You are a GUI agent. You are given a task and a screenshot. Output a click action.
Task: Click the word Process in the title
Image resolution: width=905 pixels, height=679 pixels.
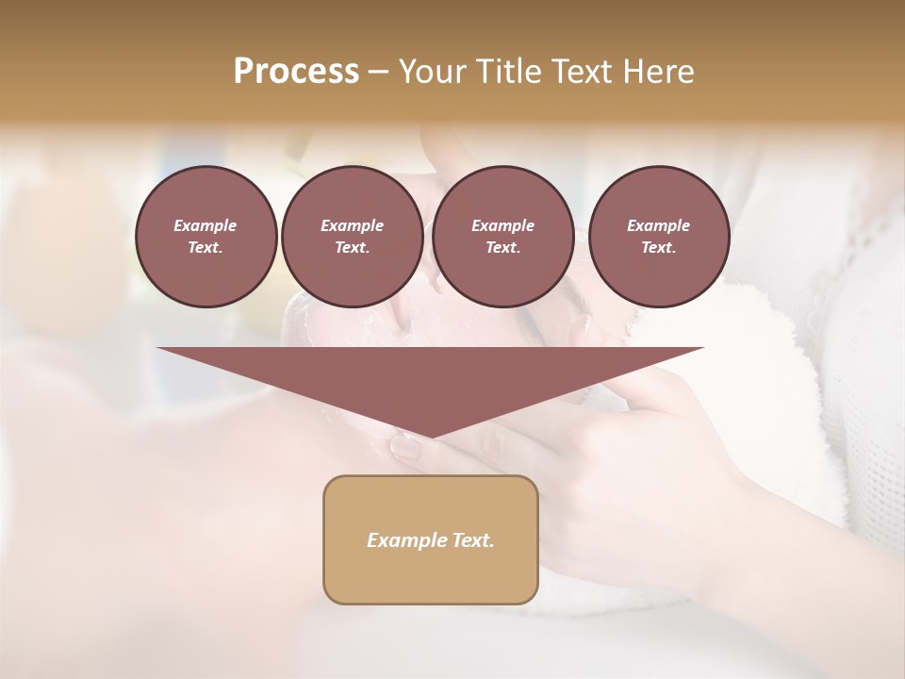click(x=296, y=72)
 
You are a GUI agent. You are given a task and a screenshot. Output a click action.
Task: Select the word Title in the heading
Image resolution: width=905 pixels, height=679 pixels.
click(x=511, y=72)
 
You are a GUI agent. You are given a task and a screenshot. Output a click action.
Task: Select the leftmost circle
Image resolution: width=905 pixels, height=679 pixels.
click(x=206, y=237)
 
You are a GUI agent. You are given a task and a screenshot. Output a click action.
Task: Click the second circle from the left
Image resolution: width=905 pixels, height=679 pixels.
click(x=352, y=237)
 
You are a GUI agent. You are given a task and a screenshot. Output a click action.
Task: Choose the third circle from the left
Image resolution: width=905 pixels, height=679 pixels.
click(x=502, y=237)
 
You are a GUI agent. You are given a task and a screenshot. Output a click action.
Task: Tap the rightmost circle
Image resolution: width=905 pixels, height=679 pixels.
click(x=659, y=237)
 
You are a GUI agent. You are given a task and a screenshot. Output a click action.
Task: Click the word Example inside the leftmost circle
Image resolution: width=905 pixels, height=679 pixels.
click(x=205, y=225)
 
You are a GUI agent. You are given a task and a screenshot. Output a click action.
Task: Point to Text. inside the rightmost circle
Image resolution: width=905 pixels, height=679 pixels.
click(x=659, y=248)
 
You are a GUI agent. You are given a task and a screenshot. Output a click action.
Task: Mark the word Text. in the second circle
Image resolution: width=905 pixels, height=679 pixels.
click(x=352, y=248)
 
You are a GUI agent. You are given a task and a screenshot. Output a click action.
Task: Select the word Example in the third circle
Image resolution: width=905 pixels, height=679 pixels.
click(x=502, y=225)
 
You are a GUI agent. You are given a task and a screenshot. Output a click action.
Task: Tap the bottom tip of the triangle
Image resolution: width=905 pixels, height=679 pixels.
click(x=430, y=435)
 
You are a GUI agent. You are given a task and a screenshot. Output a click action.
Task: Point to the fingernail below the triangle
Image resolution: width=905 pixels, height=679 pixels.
click(x=406, y=446)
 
